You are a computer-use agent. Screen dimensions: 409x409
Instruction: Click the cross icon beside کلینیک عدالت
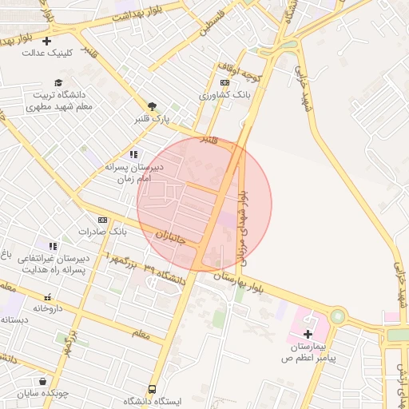click(x=46, y=41)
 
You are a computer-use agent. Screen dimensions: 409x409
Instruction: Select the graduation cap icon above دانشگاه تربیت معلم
click(x=58, y=82)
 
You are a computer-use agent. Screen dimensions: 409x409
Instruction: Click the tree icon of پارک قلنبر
click(x=152, y=105)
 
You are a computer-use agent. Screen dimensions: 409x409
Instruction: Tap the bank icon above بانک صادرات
click(x=102, y=220)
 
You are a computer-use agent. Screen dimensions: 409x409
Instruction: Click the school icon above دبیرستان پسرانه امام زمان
click(x=133, y=154)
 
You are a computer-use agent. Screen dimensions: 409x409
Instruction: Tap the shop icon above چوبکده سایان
click(x=42, y=381)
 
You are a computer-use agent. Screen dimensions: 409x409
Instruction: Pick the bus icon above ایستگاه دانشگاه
click(x=153, y=389)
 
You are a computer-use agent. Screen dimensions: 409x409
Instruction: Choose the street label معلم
click(x=137, y=334)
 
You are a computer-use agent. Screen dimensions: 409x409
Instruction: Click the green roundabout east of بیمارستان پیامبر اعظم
click(x=338, y=316)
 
